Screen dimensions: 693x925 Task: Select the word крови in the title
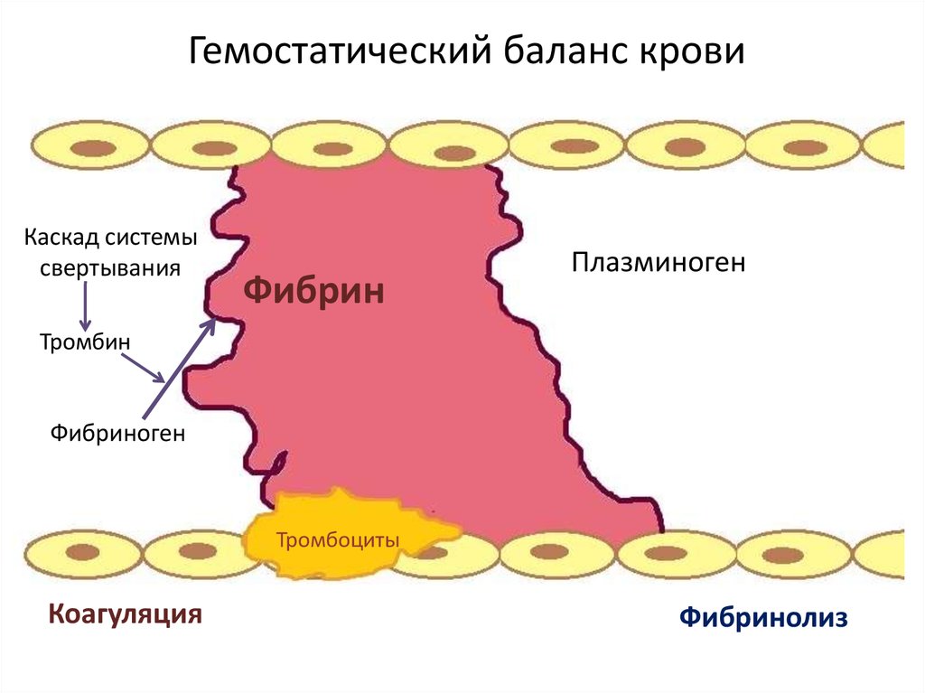(x=693, y=52)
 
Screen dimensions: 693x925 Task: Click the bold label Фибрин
(x=315, y=291)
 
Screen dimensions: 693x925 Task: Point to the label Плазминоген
(x=658, y=263)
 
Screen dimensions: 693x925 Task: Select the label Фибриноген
(x=117, y=434)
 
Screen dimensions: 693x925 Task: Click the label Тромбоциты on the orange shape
(x=337, y=541)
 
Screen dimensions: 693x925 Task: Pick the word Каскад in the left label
(x=61, y=239)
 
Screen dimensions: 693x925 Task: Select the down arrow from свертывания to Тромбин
(x=84, y=304)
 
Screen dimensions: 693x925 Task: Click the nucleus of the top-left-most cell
(x=89, y=147)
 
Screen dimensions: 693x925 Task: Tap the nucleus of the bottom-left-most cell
(x=84, y=552)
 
